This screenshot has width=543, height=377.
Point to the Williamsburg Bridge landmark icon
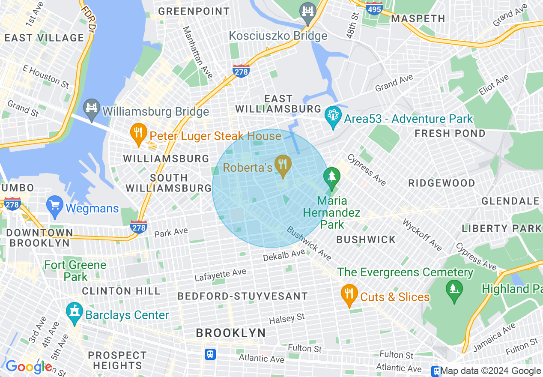pyautogui.click(x=92, y=110)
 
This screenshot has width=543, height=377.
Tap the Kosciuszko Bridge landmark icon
pyautogui.click(x=307, y=11)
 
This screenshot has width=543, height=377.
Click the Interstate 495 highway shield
pyautogui.click(x=374, y=8)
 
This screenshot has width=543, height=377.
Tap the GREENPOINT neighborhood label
pyautogui.click(x=194, y=11)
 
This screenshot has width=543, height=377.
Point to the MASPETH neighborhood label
pyautogui.click(x=418, y=18)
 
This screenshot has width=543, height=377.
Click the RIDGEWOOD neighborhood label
pyautogui.click(x=442, y=183)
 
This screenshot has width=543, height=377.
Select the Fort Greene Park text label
pyautogui.click(x=75, y=271)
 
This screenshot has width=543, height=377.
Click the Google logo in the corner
pyautogui.click(x=28, y=367)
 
